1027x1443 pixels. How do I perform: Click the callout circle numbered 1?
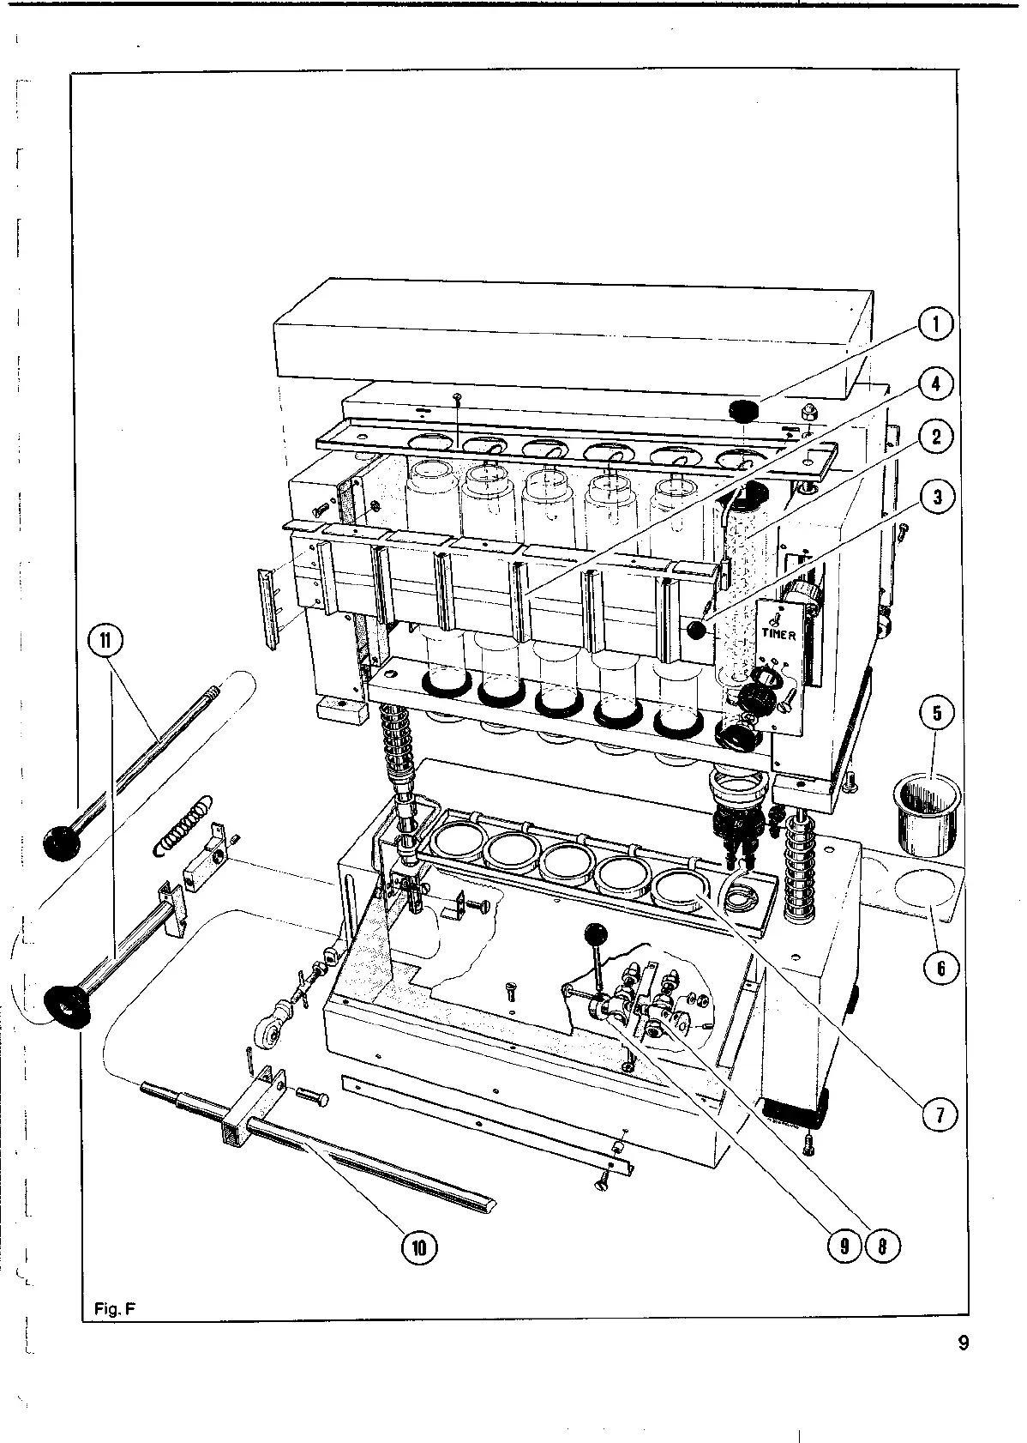[x=936, y=324]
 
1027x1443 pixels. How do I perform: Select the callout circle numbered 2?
[x=936, y=437]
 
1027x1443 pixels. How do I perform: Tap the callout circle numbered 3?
[x=936, y=497]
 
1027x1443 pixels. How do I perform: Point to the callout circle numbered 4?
[x=936, y=383]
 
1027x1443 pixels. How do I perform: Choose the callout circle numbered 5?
[x=936, y=713]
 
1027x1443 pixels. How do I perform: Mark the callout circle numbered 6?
[x=940, y=968]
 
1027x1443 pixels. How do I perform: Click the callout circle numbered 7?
[x=939, y=1115]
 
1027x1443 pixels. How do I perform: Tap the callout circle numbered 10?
[x=418, y=1247]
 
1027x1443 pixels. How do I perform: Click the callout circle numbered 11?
[x=107, y=639]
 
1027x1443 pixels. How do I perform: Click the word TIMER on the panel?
[x=779, y=635]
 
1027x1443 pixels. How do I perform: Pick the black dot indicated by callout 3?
[x=696, y=631]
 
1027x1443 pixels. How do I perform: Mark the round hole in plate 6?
[x=921, y=891]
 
